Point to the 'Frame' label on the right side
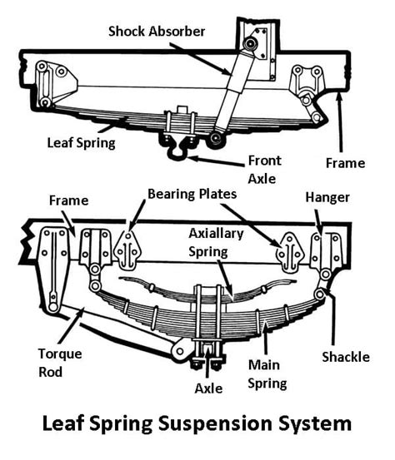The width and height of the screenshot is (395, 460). (x=345, y=163)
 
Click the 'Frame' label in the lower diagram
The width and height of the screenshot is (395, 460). (x=67, y=200)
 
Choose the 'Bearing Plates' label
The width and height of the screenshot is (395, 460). (x=192, y=193)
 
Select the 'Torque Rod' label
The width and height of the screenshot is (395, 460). (x=61, y=361)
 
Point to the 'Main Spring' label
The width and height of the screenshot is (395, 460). (x=267, y=373)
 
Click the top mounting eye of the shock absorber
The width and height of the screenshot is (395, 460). (x=249, y=43)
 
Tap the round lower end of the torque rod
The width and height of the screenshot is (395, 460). (x=179, y=352)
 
